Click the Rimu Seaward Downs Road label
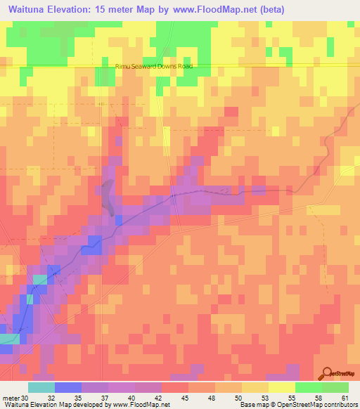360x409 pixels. (153, 67)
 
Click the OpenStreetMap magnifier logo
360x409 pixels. (327, 374)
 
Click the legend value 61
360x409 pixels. (345, 397)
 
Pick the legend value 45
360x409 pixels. (184, 397)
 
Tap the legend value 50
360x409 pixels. (238, 397)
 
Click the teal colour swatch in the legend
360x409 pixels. (41, 387)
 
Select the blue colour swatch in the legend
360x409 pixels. (67, 387)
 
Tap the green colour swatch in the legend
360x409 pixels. (308, 387)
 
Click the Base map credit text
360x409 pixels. (252, 405)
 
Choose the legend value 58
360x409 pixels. (318, 397)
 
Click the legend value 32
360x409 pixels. (51, 397)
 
